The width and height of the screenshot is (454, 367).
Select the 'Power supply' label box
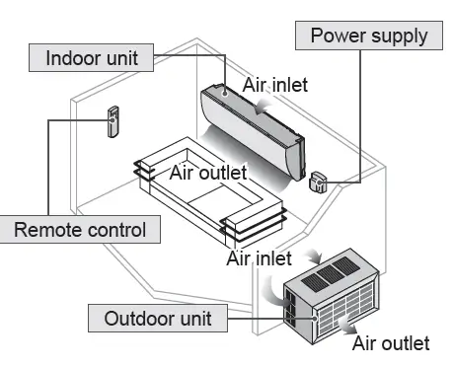[x=368, y=37]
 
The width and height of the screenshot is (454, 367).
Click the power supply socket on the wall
[x=319, y=181]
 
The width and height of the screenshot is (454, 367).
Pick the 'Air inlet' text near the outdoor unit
[x=259, y=258]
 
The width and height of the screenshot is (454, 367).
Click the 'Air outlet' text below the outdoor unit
[x=391, y=342]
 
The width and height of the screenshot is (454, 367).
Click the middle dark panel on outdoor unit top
[x=335, y=271]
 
